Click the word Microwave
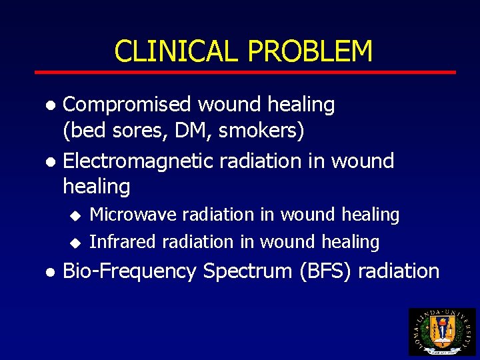coord(133,215)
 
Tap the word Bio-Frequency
coord(129,271)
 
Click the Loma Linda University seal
coord(442,331)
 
